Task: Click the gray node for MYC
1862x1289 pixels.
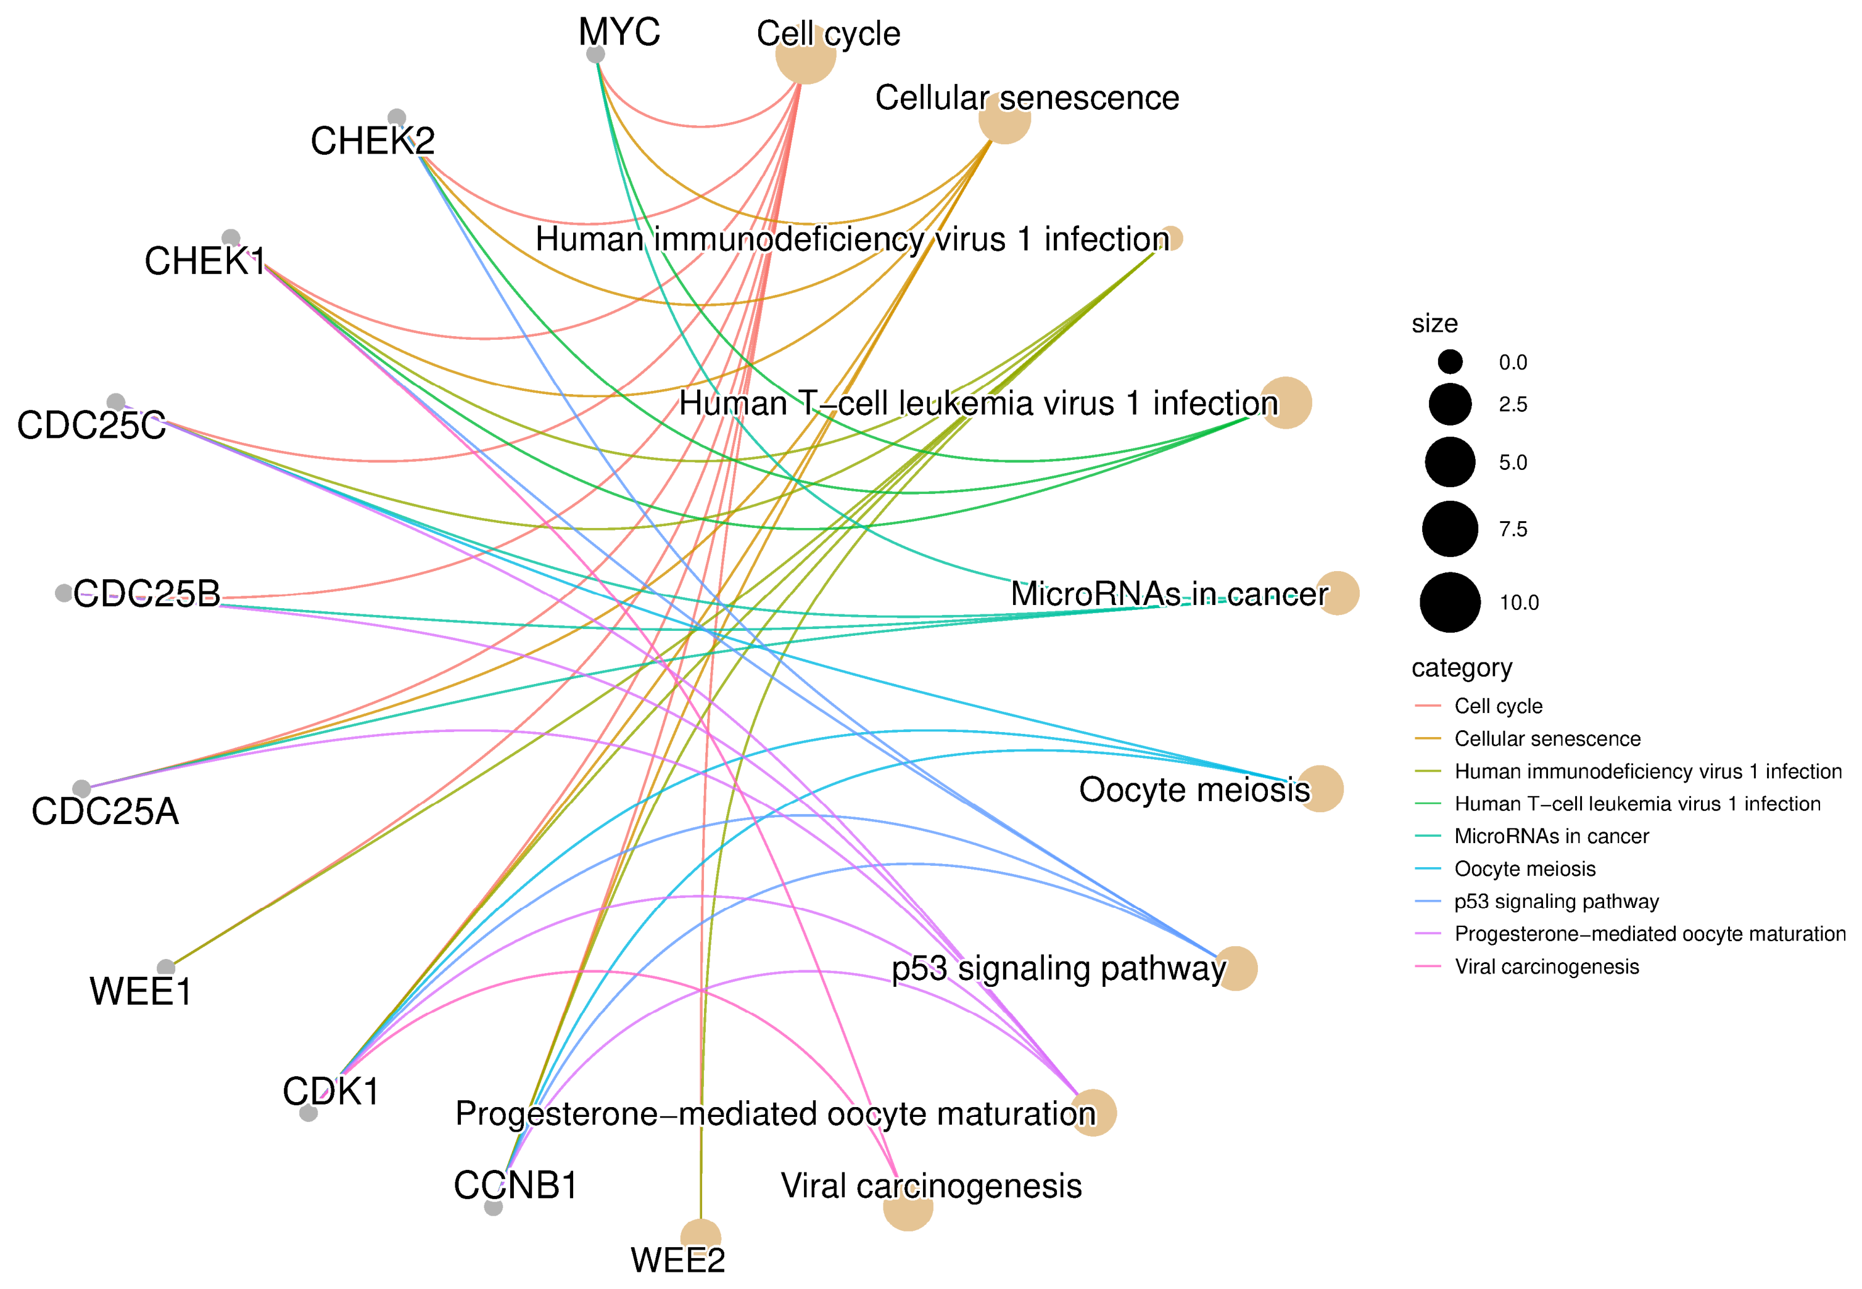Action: click(x=595, y=54)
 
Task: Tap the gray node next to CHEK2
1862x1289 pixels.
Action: click(x=397, y=118)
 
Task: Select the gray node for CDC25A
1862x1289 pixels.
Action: click(x=81, y=788)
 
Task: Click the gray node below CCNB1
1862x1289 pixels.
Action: click(x=494, y=1206)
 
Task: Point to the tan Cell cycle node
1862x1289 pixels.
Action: click(x=805, y=53)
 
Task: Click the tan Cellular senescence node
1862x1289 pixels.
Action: click(x=1005, y=118)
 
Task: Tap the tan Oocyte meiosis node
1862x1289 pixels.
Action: click(x=1320, y=788)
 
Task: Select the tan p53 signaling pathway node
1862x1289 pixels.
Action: click(x=1235, y=968)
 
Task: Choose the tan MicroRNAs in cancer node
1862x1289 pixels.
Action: click(x=1338, y=593)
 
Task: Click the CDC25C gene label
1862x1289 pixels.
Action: click(x=91, y=426)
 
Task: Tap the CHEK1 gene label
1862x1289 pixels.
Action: click(x=205, y=261)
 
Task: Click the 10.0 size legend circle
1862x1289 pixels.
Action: click(x=1450, y=603)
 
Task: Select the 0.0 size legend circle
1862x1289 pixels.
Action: click(x=1450, y=362)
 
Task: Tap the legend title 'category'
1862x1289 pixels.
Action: click(x=1462, y=669)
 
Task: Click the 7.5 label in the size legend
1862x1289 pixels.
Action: click(x=1513, y=529)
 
